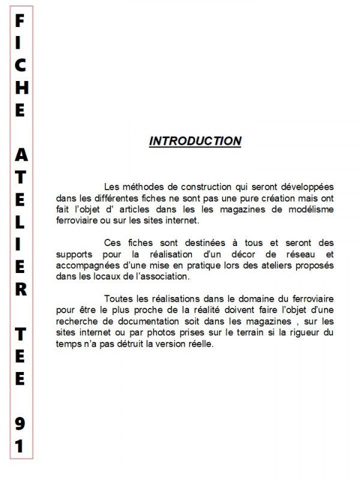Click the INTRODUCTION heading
coord(195,141)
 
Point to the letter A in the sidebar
coord(20,155)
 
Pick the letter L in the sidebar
coord(20,221)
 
